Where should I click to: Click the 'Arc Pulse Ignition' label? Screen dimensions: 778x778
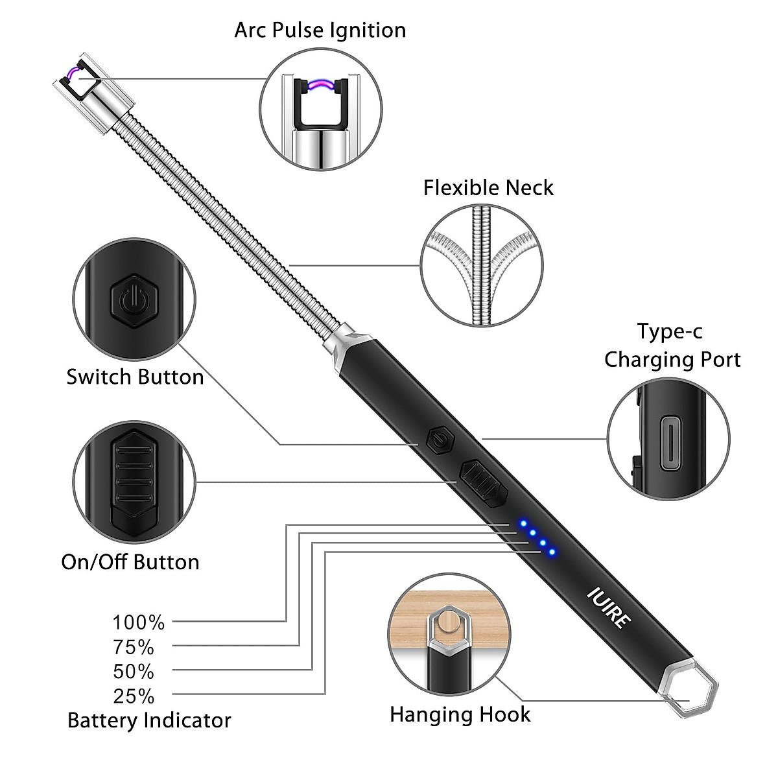click(x=320, y=30)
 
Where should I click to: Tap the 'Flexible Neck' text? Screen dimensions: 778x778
click(x=488, y=188)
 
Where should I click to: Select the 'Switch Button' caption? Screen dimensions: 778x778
click(x=135, y=377)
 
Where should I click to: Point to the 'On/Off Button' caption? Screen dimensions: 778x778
click(x=130, y=561)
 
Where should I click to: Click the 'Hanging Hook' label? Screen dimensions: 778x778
click(x=460, y=714)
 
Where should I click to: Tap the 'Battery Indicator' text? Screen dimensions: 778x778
click(x=149, y=720)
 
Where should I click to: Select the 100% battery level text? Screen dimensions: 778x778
click(x=139, y=622)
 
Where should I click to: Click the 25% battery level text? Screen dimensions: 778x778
click(x=134, y=696)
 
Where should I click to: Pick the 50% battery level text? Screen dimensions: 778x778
click(x=134, y=672)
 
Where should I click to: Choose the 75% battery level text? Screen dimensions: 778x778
click(x=134, y=647)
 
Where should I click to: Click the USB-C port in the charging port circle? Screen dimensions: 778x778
click(x=668, y=443)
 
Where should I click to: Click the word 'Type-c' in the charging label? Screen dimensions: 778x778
click(x=669, y=331)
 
